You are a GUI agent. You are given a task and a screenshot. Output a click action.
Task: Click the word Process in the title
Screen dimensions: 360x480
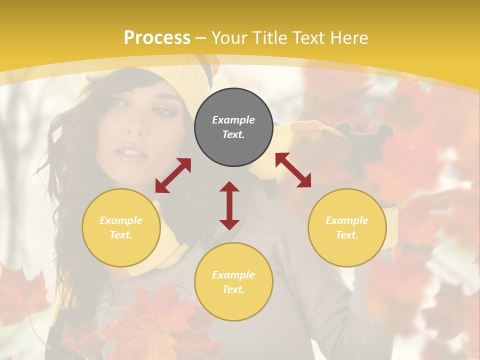tap(157, 38)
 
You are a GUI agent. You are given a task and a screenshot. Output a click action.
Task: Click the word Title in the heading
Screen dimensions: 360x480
tap(266, 38)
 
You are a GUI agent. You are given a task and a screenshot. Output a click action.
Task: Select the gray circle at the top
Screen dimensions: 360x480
tap(233, 127)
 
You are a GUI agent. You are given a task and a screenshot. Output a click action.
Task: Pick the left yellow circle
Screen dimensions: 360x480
tap(121, 227)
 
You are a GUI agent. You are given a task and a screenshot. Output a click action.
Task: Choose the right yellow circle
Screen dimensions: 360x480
tap(347, 227)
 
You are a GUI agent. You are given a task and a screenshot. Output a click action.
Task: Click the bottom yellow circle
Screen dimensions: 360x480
tap(233, 282)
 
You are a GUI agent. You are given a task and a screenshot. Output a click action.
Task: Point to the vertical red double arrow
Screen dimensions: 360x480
tap(229, 205)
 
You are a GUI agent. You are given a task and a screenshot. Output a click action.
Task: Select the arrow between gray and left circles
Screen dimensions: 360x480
tap(173, 175)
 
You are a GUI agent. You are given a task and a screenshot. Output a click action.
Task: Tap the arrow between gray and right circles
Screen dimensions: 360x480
tap(293, 170)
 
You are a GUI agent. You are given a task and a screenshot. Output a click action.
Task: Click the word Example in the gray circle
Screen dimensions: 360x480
tap(233, 120)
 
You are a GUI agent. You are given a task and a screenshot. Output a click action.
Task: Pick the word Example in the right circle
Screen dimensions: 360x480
tap(347, 220)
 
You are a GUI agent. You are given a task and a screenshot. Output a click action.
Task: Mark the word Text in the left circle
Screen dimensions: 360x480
tap(120, 235)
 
